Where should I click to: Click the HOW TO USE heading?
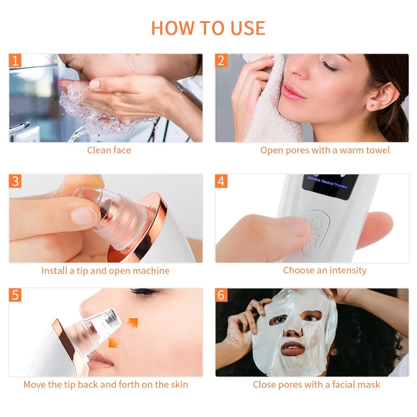[208, 28]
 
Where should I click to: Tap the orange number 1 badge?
[15, 61]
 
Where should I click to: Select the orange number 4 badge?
[221, 181]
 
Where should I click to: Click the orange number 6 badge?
[221, 295]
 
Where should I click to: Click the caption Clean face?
[109, 150]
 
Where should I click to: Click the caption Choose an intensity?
[324, 270]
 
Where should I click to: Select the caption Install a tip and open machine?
[105, 271]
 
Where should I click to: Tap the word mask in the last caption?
[370, 384]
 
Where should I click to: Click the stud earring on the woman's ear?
[372, 106]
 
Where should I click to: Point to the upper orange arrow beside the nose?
[132, 322]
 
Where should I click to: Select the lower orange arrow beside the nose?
[113, 342]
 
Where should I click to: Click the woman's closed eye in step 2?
[329, 67]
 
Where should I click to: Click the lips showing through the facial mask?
[294, 348]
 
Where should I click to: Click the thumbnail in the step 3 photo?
[84, 216]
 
